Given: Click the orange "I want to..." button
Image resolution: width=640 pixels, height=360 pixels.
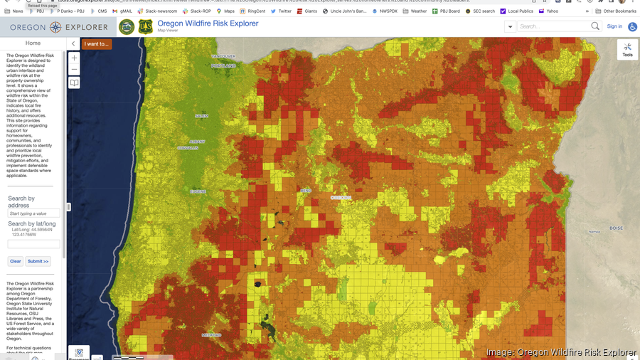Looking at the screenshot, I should point(97,44).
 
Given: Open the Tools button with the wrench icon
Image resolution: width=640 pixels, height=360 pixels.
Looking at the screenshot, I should point(627,49).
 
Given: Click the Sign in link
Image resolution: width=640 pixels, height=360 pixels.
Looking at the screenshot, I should point(614,26).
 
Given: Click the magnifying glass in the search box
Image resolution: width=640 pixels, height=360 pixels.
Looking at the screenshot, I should point(595,26).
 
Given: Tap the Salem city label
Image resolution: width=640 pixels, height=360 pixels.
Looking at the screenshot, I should point(201,115).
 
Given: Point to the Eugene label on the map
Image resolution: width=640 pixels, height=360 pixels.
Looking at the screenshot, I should point(198,191).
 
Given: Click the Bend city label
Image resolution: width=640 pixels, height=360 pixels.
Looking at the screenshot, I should point(306,191).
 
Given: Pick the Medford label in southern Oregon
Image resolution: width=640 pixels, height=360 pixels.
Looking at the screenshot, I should point(211,334).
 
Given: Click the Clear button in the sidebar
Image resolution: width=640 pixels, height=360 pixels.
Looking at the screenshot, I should point(16,261).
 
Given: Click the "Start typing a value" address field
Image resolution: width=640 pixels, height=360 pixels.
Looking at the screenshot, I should point(33,213).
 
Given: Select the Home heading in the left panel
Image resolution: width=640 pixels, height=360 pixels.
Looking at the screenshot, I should point(33,43).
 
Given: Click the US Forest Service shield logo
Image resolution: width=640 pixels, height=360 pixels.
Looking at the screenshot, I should point(146,27).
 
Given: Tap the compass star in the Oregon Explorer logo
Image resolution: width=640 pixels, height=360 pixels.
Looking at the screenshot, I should point(55,27).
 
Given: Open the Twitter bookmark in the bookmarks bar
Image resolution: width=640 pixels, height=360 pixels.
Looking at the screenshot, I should point(282,11).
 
